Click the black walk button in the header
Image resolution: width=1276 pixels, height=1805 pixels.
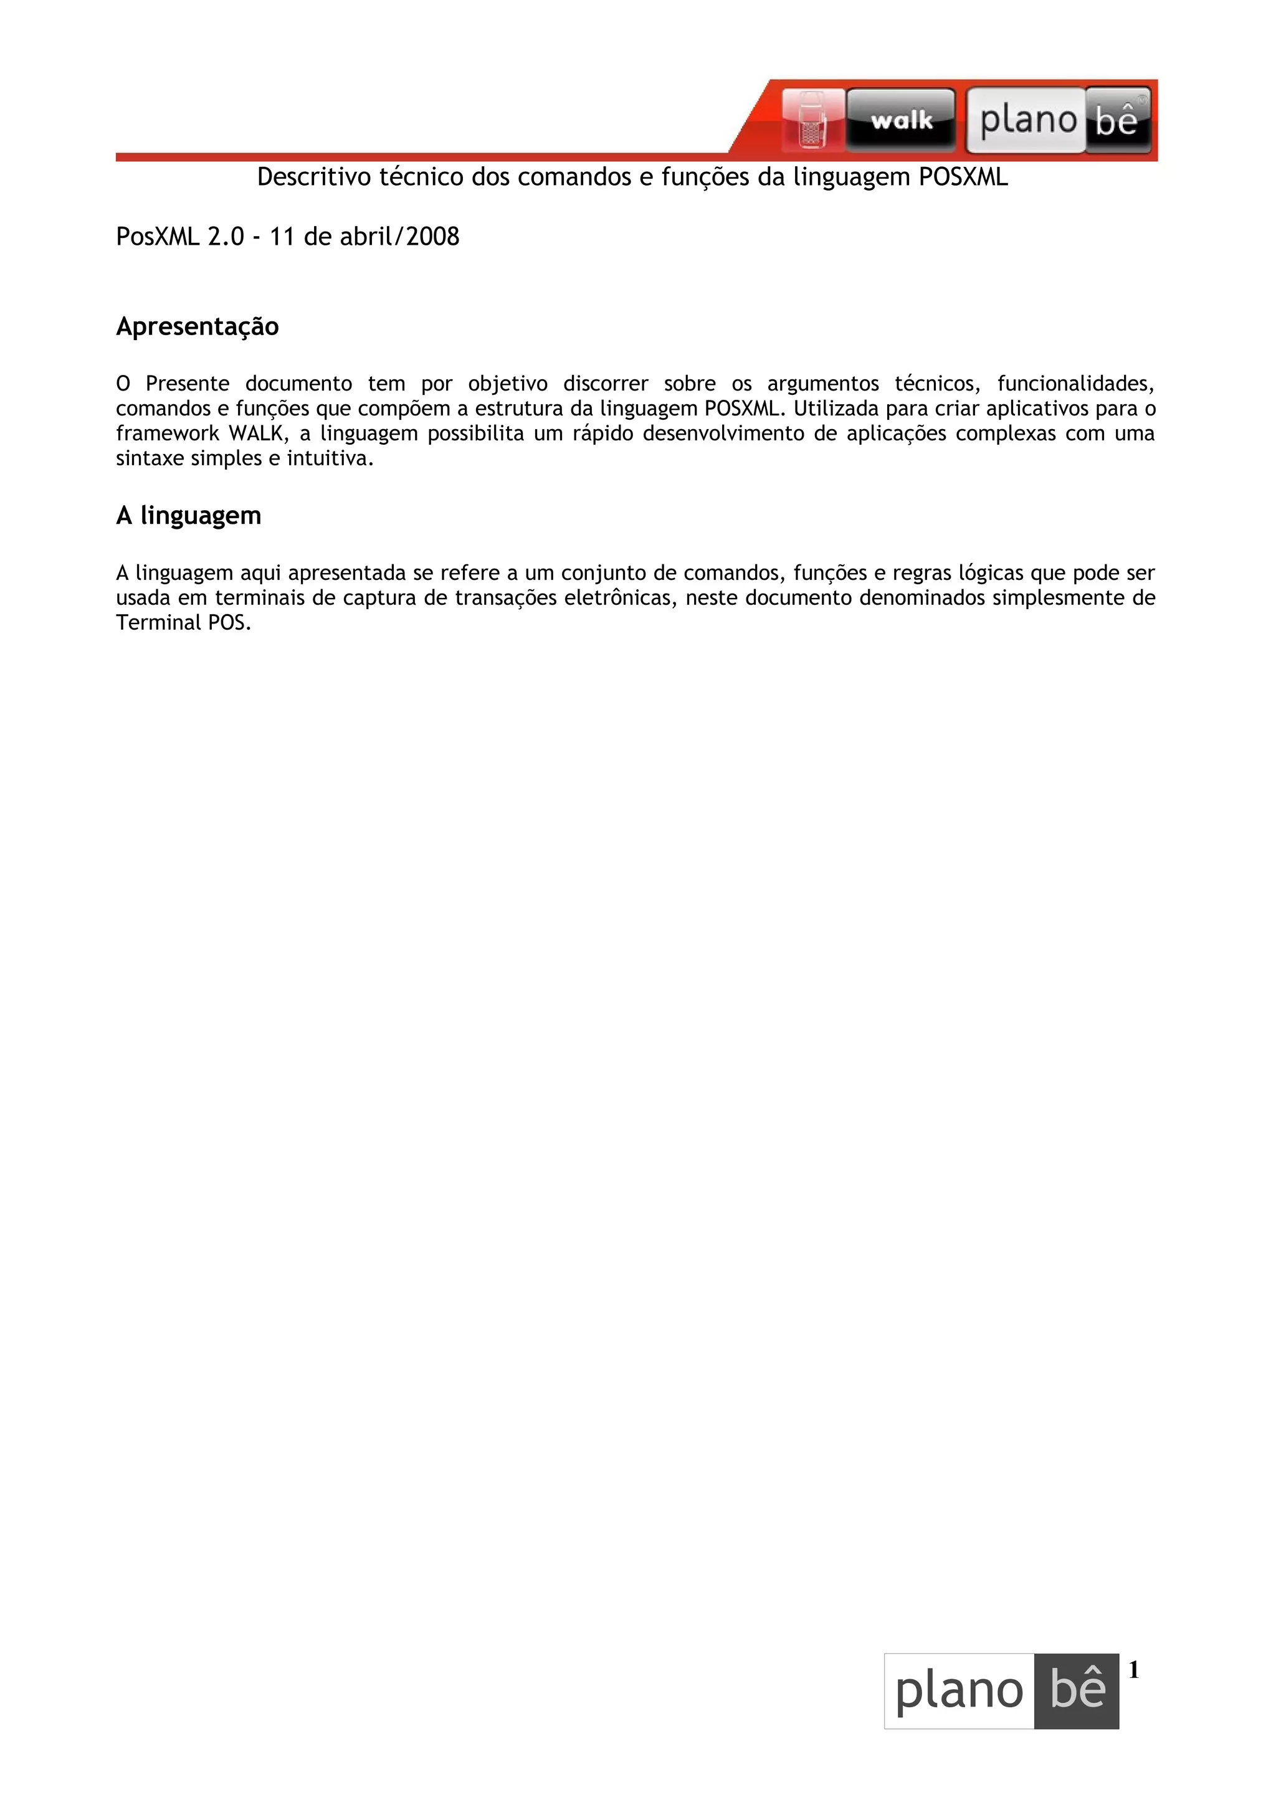point(901,120)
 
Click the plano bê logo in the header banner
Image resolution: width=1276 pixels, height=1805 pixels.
point(1058,120)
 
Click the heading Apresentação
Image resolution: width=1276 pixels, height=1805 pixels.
point(198,326)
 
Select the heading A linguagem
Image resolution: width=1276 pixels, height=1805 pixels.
point(189,516)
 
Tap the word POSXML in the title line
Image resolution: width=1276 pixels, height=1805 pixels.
point(963,178)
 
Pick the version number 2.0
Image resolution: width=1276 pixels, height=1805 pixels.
point(226,237)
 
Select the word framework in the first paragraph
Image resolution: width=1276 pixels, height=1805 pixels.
point(167,434)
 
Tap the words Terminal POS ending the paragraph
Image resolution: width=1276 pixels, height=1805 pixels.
point(183,623)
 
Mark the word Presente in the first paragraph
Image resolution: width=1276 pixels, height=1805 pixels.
point(187,384)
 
